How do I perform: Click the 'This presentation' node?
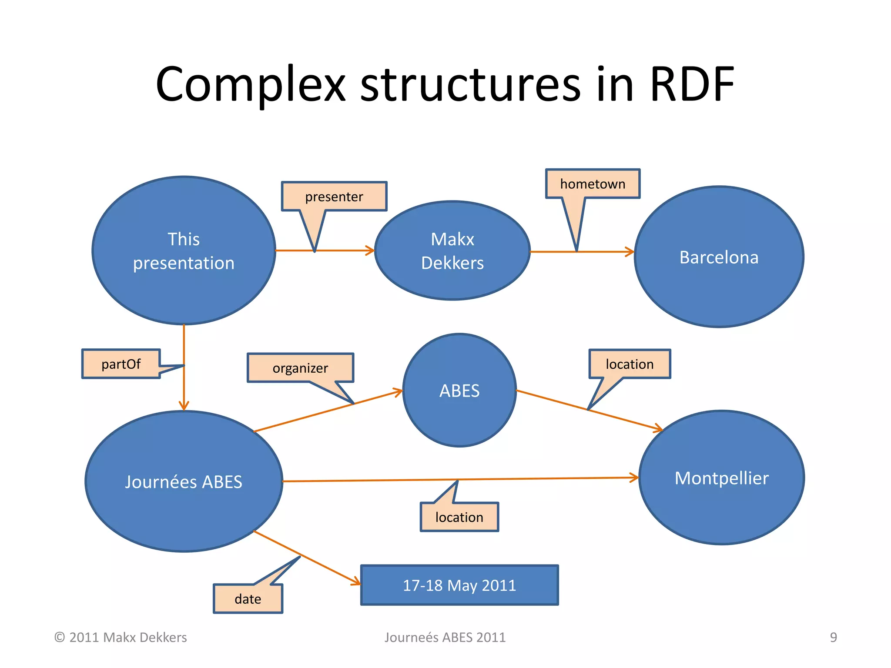(184, 250)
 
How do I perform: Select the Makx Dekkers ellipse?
(452, 250)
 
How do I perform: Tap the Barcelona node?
(719, 257)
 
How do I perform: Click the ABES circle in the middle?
(459, 390)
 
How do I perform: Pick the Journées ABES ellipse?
(184, 481)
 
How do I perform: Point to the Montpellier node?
(721, 478)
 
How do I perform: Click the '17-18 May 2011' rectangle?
(459, 585)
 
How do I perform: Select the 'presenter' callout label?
(334, 197)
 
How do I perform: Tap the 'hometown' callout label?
(593, 184)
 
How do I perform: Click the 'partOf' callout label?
(121, 364)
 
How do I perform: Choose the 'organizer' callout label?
(300, 368)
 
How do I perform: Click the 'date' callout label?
(248, 599)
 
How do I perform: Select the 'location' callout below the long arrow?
(459, 517)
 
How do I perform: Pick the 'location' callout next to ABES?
(630, 364)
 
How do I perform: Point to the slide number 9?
(833, 637)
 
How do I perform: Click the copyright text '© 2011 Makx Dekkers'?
(121, 637)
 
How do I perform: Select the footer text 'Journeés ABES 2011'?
(445, 637)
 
